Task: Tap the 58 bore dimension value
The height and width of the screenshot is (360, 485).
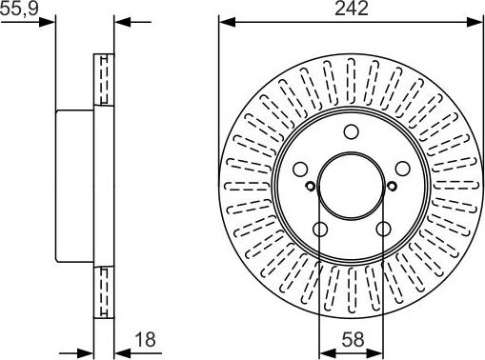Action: coord(352,338)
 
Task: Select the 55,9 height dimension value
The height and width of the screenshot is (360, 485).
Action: coord(19,10)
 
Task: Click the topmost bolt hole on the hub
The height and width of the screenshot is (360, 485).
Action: coord(351,134)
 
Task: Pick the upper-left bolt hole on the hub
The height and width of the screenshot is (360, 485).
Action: coord(300,170)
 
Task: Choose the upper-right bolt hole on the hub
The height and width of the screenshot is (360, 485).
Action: coord(401,170)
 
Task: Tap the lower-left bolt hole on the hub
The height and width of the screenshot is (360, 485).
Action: coord(319,230)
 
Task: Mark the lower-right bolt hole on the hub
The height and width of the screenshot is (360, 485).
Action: coord(382,230)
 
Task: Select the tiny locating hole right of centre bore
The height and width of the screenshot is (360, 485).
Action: coord(391,186)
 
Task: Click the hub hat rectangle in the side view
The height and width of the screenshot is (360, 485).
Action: coord(75,187)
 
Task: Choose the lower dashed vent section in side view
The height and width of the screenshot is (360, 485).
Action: coord(102,293)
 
